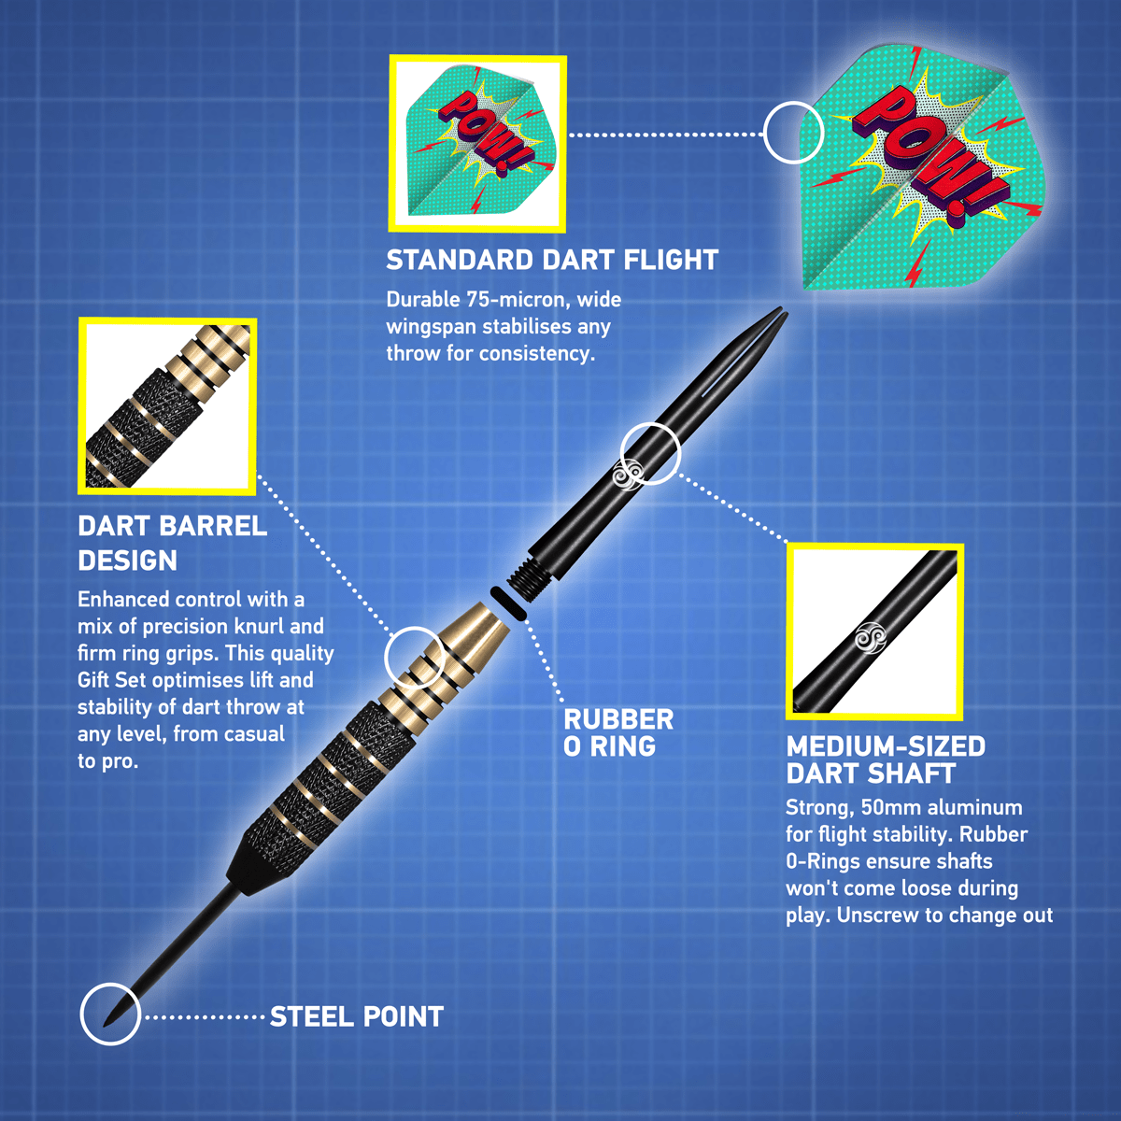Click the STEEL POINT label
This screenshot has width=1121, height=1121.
click(356, 1016)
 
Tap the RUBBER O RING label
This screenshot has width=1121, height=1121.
click(617, 732)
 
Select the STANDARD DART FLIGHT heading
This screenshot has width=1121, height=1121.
click(552, 260)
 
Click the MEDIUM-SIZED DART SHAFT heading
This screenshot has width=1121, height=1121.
click(886, 759)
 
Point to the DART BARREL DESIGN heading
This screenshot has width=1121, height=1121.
click(173, 543)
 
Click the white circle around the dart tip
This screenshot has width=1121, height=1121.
click(110, 1014)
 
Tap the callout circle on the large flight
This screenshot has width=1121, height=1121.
click(793, 132)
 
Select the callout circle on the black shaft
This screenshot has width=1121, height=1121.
click(650, 453)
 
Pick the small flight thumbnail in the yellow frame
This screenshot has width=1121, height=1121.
click(477, 143)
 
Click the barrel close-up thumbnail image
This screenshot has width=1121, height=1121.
click(168, 405)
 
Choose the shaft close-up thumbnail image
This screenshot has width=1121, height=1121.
click(874, 631)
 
